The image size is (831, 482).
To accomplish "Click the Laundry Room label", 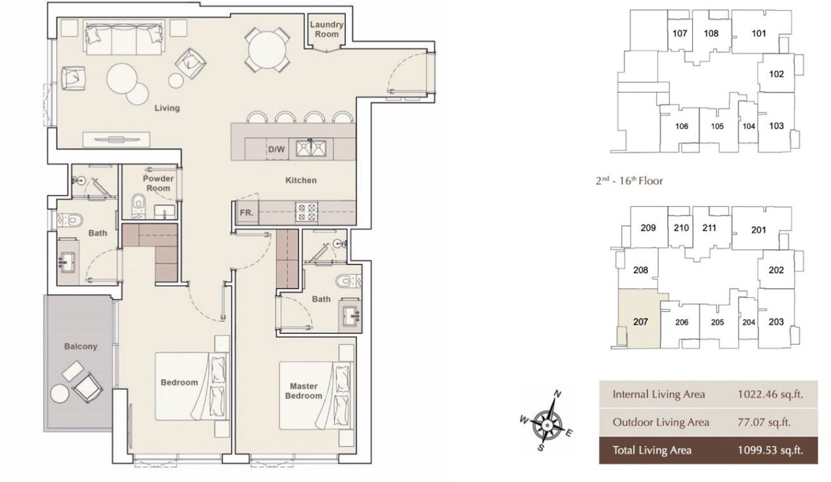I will coord(326,29).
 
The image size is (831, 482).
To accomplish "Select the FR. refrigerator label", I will coord(245,214).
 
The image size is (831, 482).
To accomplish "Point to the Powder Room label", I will coord(158,183).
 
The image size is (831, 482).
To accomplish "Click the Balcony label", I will coord(80,346).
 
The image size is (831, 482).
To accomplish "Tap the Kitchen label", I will coord(300,180).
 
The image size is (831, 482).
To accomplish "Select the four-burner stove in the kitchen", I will coord(306,212).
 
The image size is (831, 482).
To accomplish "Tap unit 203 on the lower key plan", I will coord(775,322).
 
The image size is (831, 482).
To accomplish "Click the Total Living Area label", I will coord(651,450).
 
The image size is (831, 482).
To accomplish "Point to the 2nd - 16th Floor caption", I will coord(629,181).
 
